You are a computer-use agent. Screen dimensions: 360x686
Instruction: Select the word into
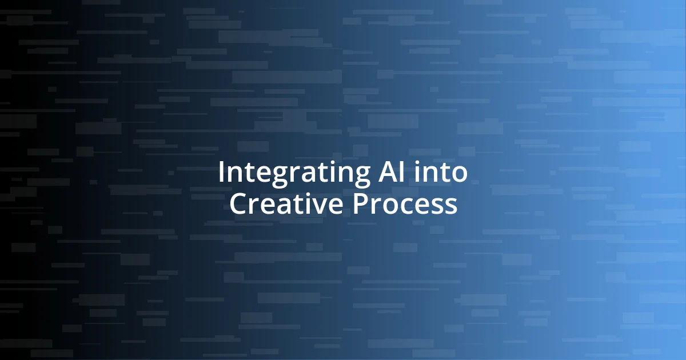[x=442, y=173]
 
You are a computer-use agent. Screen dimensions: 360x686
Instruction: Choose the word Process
[x=405, y=204]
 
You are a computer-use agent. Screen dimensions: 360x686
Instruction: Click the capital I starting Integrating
[x=221, y=173]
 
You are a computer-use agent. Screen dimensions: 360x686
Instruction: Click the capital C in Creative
[x=239, y=204]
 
